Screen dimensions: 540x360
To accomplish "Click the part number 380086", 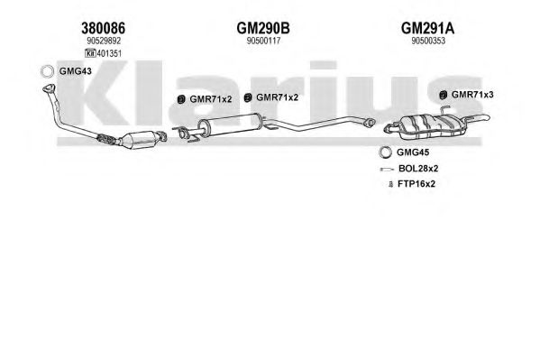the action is click(x=103, y=28).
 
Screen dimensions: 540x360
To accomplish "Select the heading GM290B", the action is click(x=263, y=28).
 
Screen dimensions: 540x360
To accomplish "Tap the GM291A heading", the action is click(x=427, y=28).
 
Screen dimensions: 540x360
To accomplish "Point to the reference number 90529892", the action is click(x=104, y=41).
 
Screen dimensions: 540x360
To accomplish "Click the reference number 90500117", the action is click(x=264, y=41).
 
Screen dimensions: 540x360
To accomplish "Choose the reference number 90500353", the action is click(x=428, y=41).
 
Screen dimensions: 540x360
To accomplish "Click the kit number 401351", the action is click(x=109, y=53).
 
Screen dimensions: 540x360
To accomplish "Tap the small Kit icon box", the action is click(x=90, y=53).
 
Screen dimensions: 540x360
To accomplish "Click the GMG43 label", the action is click(x=76, y=71).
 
